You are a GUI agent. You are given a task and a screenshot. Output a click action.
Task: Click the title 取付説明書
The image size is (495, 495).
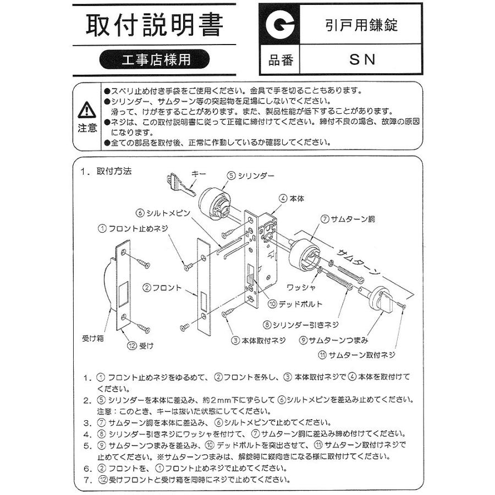coord(155,25)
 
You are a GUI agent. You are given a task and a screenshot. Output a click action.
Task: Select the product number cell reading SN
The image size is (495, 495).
coord(362,60)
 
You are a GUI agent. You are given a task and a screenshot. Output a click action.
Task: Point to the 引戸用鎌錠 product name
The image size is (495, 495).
coord(361,25)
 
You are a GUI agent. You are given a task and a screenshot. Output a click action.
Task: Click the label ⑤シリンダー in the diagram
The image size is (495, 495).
coord(251,175)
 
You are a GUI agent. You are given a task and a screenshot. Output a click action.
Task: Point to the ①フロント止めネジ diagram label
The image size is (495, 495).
coord(131,228)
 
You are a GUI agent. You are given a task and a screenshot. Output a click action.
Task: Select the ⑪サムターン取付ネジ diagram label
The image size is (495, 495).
coord(358,355)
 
